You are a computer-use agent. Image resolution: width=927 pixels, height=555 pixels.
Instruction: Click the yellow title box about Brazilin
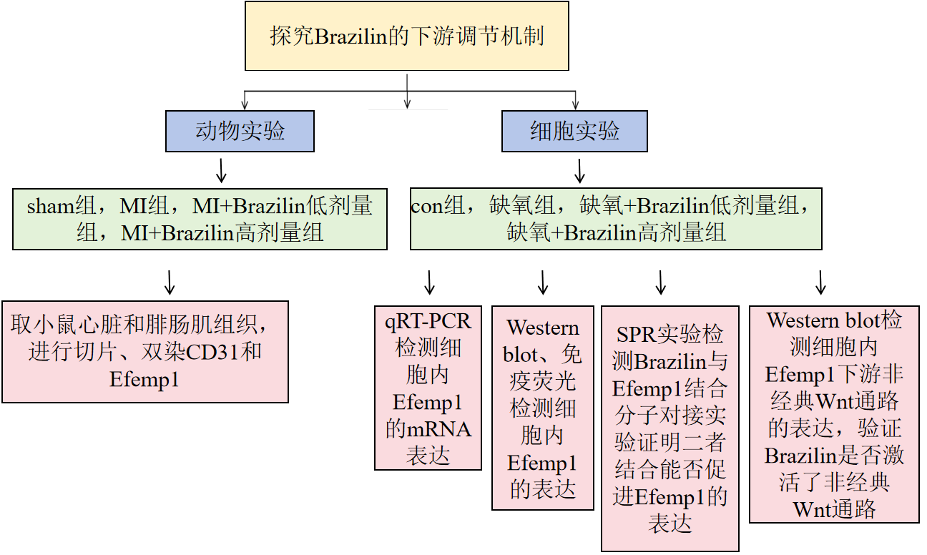407,36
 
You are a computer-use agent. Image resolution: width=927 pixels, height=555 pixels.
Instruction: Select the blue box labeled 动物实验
240,131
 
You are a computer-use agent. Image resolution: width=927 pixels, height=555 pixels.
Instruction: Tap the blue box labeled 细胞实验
575,131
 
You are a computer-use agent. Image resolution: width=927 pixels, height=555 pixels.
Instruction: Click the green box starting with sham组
200,220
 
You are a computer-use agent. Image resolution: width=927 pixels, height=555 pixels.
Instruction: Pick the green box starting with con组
616,220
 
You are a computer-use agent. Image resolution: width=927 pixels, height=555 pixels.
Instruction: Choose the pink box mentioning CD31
145,352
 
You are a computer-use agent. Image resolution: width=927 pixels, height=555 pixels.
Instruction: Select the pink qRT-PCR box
428,388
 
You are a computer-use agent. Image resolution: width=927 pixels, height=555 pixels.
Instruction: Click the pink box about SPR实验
670,429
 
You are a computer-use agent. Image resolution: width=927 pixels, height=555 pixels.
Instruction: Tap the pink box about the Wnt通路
834,414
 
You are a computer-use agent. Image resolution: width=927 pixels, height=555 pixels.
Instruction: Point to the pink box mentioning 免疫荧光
543,408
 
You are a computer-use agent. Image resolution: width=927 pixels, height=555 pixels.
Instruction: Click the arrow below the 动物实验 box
222,170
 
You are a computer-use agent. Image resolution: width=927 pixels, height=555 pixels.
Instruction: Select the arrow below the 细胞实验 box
580,171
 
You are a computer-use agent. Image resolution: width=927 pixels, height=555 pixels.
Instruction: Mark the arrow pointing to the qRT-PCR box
430,283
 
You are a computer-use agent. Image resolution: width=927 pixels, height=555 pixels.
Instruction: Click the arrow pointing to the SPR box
661,283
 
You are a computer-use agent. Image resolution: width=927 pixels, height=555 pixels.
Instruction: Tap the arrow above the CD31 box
170,283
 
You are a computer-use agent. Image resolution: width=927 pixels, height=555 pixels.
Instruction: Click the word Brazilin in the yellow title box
350,36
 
